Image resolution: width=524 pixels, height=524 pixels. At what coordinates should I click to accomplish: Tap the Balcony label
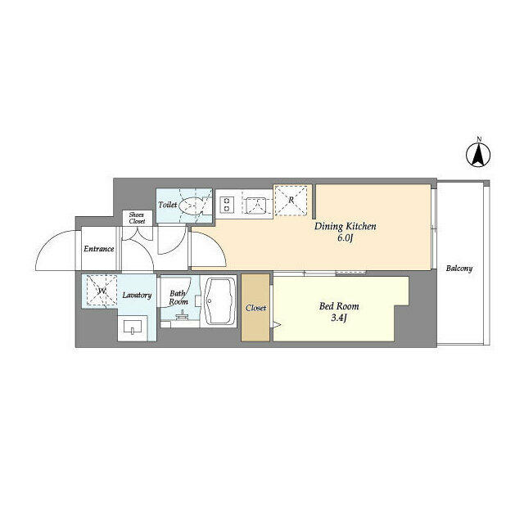458,268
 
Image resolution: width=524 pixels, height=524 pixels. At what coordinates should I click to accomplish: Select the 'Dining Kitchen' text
346,226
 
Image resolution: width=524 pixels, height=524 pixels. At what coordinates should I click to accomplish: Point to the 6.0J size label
344,238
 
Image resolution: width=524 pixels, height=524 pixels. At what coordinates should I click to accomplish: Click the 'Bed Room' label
339,306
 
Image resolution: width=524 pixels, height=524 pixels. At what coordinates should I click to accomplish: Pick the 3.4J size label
339,318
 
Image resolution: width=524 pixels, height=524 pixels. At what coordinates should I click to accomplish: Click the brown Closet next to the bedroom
255,309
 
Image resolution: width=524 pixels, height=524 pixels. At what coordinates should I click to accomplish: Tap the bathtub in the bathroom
219,303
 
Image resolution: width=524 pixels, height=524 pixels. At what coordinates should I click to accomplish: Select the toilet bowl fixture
194,206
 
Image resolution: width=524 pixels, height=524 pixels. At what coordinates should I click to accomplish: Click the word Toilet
168,205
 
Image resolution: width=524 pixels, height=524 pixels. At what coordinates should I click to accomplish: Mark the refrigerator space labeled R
291,199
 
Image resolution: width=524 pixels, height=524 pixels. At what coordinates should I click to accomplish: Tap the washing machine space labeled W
101,291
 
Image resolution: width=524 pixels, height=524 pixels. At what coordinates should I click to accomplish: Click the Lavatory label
136,295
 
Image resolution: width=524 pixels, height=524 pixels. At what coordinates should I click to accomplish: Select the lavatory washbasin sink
134,329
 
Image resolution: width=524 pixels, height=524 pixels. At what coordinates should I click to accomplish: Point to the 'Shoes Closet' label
136,218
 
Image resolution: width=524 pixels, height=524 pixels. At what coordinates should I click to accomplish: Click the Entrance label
98,249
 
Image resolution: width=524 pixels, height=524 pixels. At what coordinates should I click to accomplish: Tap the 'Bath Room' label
178,296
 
